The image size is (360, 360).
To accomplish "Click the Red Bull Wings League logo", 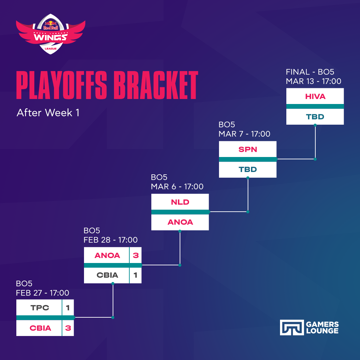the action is pos(51,34).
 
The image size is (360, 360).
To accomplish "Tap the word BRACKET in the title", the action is pos(156,85).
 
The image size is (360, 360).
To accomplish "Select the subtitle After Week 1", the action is pos(48,113).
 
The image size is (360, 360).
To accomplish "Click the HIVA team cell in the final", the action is pos(315,96).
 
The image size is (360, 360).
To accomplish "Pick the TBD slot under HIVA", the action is pos(315,117).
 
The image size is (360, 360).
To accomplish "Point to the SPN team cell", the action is pos(247,149).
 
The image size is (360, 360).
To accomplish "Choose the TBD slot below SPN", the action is pos(247,169).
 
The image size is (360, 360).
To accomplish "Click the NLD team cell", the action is pos(180,202).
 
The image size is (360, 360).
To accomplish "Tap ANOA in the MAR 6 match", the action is pos(180,222).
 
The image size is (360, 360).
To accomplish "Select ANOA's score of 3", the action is pos(136,255).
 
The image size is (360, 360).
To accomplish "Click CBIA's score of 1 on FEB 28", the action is pos(135,275).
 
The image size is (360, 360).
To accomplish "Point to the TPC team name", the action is pos(40,308).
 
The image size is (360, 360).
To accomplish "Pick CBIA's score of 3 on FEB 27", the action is pos(68,328).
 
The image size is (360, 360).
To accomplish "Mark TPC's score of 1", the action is pos(68,308).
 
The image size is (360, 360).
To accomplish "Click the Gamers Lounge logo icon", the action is pos(292,327).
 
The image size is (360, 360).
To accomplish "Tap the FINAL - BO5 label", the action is pos(310,72).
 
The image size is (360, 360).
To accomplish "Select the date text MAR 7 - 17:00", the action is pos(244,134).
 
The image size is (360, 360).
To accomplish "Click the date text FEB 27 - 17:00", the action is pos(42,293).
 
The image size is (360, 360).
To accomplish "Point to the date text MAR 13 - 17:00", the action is pos(313,81).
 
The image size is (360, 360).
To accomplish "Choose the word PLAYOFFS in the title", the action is pos(62,85).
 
